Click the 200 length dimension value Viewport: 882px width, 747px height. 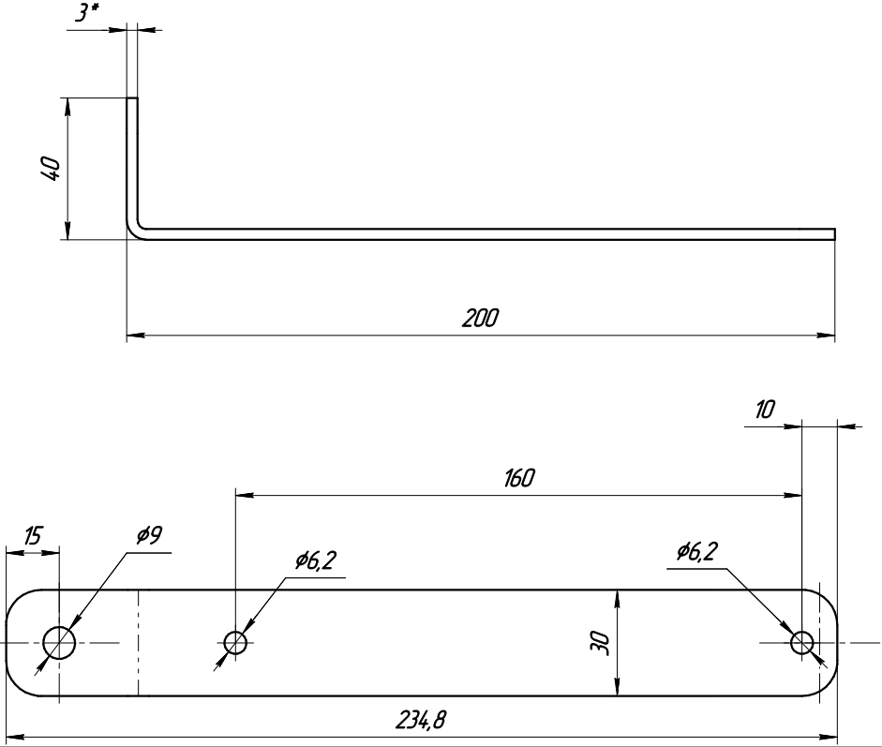tap(481, 319)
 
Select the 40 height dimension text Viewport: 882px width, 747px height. tap(50, 169)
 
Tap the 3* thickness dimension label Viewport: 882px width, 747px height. tap(87, 12)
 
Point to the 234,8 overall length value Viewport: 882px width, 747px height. tap(421, 720)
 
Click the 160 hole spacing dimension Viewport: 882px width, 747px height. tap(518, 478)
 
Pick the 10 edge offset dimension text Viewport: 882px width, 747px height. tap(765, 410)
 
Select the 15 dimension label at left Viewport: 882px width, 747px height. tap(33, 536)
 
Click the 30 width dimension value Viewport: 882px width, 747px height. tap(600, 642)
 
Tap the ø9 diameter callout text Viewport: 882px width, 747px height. tap(149, 535)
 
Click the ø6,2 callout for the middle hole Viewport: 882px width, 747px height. tap(316, 560)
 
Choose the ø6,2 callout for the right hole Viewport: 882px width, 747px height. tap(697, 551)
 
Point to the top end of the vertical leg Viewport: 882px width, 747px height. tap(131, 98)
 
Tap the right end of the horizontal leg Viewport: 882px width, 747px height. tap(835, 234)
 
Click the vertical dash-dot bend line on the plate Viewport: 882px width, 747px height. tap(139, 642)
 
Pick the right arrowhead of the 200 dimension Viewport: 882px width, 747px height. tap(826, 336)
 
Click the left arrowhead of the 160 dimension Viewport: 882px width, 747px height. tap(245, 495)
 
